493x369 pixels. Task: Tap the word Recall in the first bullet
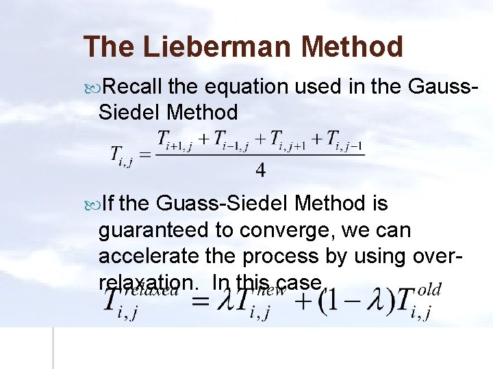(x=134, y=87)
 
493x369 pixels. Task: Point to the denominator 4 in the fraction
(x=260, y=169)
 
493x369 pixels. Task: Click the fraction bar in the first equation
(x=260, y=155)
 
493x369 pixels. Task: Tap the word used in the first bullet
(x=322, y=87)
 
